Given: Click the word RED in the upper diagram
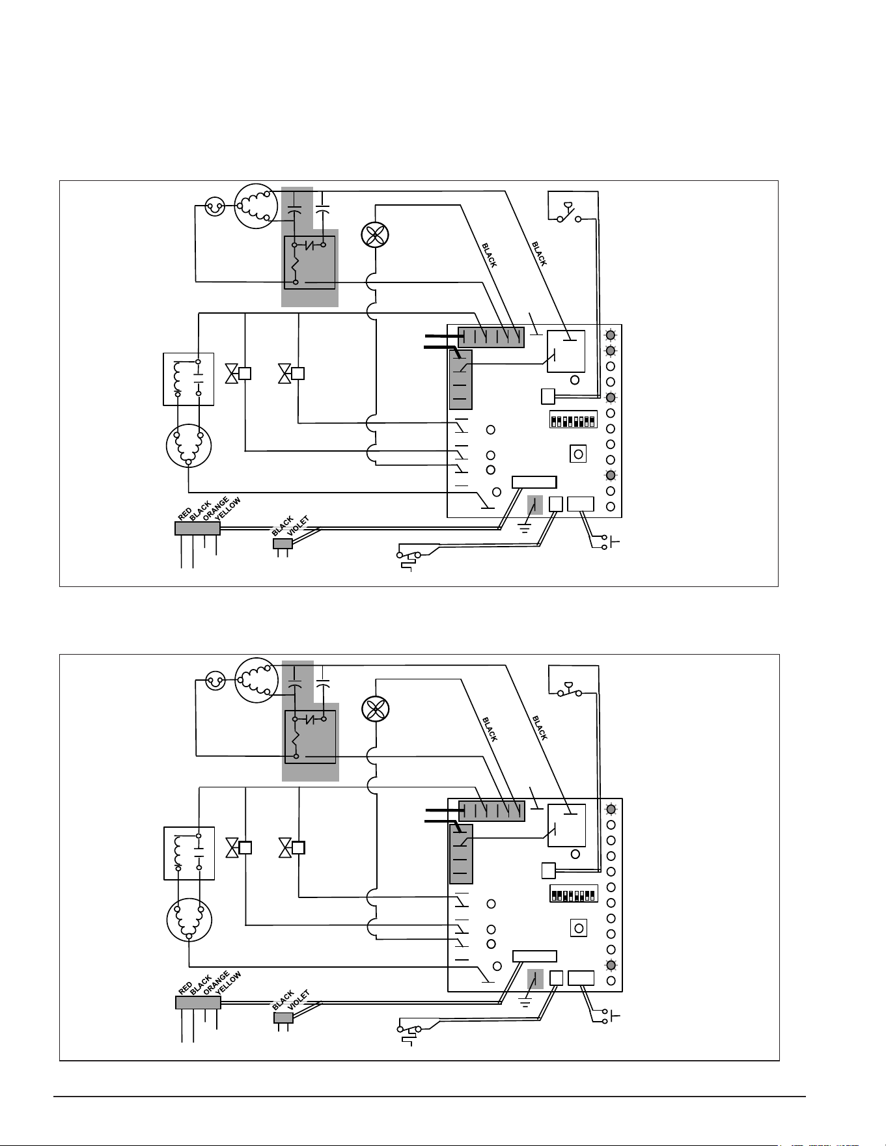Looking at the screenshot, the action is click(184, 513).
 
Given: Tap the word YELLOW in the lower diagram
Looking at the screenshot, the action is click(228, 983).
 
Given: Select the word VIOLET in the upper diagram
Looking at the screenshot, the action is click(298, 525).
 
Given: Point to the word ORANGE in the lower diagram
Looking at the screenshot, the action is click(216, 983).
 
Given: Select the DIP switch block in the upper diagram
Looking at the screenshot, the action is click(574, 418).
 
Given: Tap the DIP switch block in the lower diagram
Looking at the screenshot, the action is click(574, 892).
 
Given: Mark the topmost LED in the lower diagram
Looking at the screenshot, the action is click(611, 809).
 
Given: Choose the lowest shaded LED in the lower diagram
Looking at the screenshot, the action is click(611, 965).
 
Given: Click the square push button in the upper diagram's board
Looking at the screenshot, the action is click(578, 454).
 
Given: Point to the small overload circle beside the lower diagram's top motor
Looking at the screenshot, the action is click(215, 682).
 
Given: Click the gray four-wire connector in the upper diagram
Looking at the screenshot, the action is click(198, 528).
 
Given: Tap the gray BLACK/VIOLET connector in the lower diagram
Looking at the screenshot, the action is click(283, 1017).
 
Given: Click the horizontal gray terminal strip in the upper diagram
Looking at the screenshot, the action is click(491, 337).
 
